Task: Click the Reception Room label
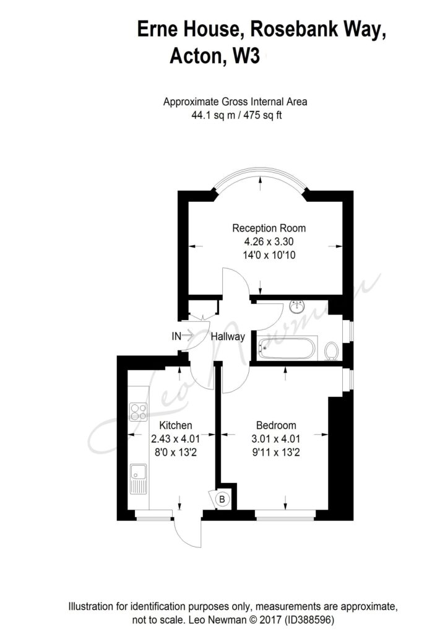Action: coord(269,228)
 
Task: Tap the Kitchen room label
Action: coord(175,425)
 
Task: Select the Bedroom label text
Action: coord(276,425)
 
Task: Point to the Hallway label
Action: coord(228,336)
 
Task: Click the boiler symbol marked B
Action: coord(222,500)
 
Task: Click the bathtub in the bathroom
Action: coord(287,348)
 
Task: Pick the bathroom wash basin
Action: coord(298,306)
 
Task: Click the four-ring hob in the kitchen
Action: coord(138,412)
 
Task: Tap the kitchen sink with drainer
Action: coord(139,479)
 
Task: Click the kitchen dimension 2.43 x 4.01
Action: coord(175,439)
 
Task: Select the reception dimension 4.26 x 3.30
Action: coord(269,242)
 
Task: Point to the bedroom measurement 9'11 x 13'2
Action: coord(276,453)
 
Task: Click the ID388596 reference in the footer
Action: coord(309,620)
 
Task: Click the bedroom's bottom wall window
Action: coord(285,515)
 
